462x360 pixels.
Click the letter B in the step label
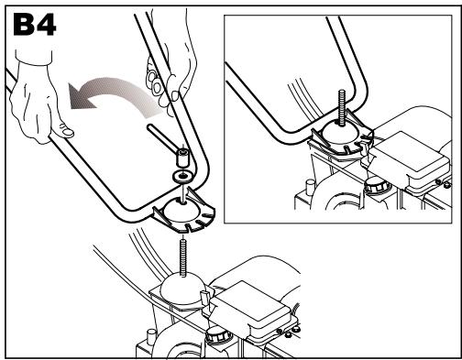24,25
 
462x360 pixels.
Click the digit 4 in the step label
47,26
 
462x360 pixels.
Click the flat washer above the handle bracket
181,176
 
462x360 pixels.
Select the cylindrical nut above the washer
182,157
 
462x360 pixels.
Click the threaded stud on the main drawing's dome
183,258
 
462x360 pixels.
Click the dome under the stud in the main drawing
181,289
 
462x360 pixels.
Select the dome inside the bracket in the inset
341,135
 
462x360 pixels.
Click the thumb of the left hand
65,130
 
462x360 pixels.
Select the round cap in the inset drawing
376,185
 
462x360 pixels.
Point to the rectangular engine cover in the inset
411,160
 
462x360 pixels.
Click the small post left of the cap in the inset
310,186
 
